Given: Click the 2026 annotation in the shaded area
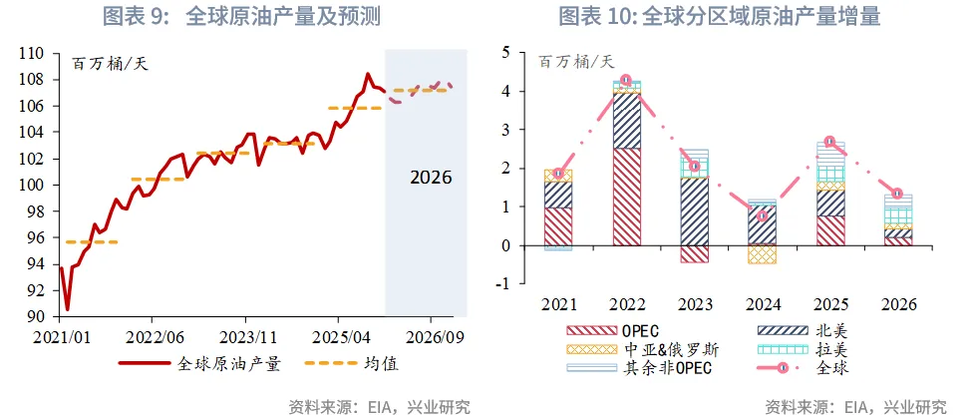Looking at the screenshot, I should coord(431,178).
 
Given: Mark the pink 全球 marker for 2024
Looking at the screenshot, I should coord(762,215).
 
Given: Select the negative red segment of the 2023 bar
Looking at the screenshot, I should coord(694,254).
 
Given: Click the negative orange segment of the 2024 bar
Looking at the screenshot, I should coord(762,254).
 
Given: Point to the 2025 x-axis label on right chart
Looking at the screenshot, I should coord(829,304).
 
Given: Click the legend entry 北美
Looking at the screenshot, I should coord(823,331).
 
